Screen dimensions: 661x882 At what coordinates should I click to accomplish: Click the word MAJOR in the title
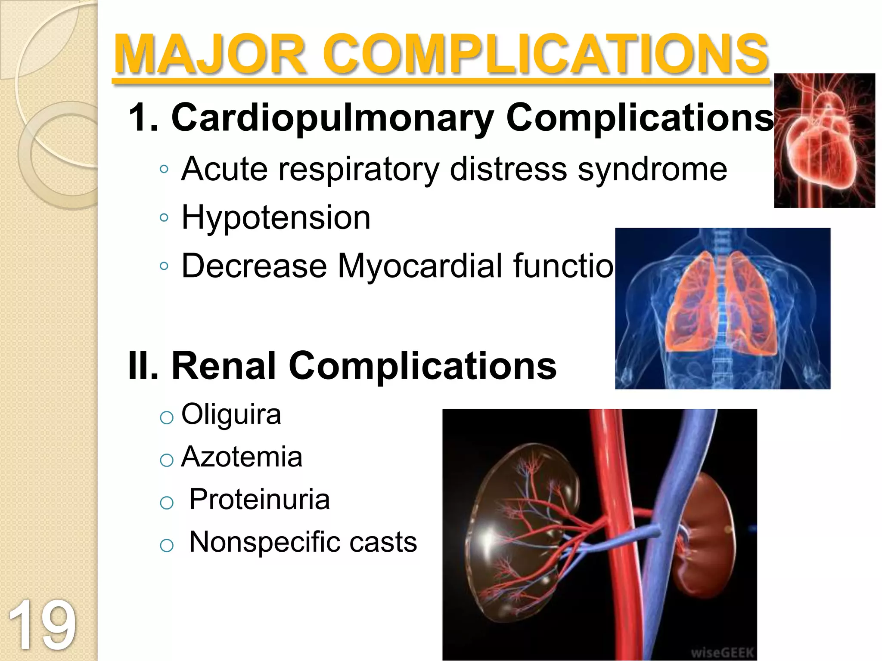tap(210, 55)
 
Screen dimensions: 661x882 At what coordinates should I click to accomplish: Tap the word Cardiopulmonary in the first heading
tap(332, 118)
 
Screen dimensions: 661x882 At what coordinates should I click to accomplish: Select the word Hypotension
tap(276, 218)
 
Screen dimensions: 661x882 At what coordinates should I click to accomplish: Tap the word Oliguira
tap(231, 414)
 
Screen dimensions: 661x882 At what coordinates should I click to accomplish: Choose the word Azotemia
tap(242, 457)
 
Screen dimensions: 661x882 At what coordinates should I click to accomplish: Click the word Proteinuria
tap(260, 499)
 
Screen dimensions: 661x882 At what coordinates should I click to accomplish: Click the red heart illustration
tap(824, 140)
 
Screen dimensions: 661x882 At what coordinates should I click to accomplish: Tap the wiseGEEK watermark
tap(722, 652)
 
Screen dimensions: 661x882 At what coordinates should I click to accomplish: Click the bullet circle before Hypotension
tap(164, 218)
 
